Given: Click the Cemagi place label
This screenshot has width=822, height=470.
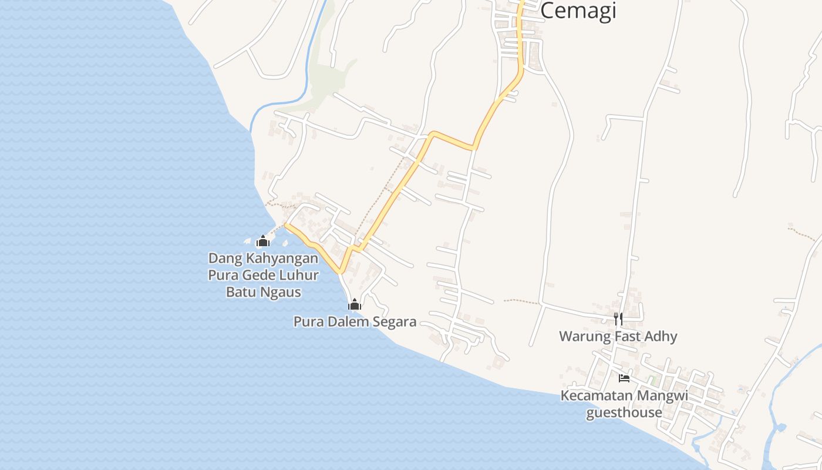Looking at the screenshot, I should [578, 11].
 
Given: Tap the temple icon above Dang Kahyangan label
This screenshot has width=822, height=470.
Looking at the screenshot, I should [262, 241].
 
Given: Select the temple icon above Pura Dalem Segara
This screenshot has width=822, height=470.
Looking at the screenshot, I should [354, 304].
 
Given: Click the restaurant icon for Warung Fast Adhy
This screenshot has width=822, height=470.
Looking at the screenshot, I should [618, 318].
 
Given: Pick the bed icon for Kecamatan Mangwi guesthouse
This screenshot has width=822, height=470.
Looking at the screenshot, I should [624, 378].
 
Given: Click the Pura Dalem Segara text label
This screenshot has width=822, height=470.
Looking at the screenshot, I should [355, 321].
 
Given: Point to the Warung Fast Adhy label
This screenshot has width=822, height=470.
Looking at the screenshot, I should [618, 337].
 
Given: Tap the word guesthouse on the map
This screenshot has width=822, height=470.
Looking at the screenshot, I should [624, 412].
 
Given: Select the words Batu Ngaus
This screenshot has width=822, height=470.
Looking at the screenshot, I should [264, 292].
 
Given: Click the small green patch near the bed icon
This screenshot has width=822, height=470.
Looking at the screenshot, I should [653, 380].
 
